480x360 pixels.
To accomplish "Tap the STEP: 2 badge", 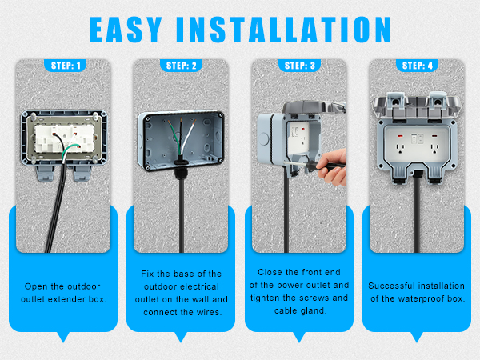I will point(181,65).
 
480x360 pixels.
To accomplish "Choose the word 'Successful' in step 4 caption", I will point(392,286).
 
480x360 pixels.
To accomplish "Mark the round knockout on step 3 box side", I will point(265,138).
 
